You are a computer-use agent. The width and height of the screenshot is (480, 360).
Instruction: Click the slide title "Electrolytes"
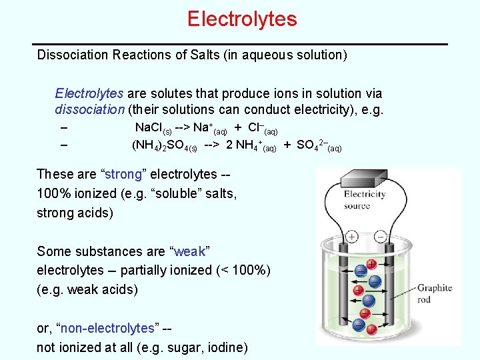click(x=241, y=19)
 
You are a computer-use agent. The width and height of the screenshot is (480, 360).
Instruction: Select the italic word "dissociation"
click(x=89, y=109)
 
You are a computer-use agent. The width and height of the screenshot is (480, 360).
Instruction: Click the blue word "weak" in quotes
click(x=190, y=251)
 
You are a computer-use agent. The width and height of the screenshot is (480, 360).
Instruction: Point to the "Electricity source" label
click(x=364, y=200)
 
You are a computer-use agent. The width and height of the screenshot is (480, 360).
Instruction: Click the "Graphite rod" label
click(x=434, y=294)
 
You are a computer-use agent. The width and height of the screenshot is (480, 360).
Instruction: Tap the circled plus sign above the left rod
click(x=351, y=237)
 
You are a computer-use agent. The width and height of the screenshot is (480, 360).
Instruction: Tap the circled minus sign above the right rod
click(x=380, y=237)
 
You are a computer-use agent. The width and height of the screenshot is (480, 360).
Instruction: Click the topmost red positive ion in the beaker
click(x=371, y=265)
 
